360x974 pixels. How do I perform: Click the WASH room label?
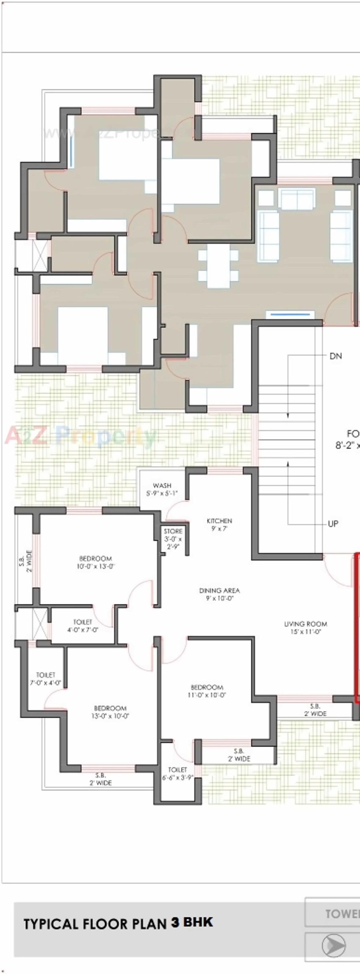tap(162, 489)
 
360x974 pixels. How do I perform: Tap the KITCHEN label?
tap(219, 524)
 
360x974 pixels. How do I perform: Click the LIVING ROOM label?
tap(306, 628)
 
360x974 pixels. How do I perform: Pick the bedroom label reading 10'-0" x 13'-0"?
tap(96, 562)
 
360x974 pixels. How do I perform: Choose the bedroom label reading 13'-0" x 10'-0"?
tap(110, 712)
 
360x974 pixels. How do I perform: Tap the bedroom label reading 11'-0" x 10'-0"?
tap(207, 691)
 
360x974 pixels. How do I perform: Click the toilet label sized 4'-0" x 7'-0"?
tap(83, 626)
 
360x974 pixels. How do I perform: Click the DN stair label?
tap(336, 356)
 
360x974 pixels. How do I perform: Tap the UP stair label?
tap(333, 524)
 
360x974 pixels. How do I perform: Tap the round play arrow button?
tap(333, 945)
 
